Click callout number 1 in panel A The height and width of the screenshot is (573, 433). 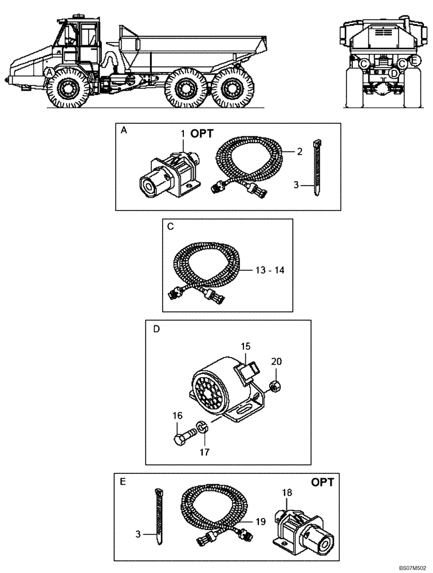(183, 133)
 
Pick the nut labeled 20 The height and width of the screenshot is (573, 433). (275, 388)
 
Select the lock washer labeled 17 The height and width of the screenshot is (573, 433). (202, 427)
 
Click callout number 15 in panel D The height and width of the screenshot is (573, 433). (246, 347)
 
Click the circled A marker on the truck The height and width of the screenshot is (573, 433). (50, 72)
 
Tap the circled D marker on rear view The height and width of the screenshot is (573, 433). (393, 73)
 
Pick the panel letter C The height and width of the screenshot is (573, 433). (170, 226)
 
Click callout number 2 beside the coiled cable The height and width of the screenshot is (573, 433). (299, 151)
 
